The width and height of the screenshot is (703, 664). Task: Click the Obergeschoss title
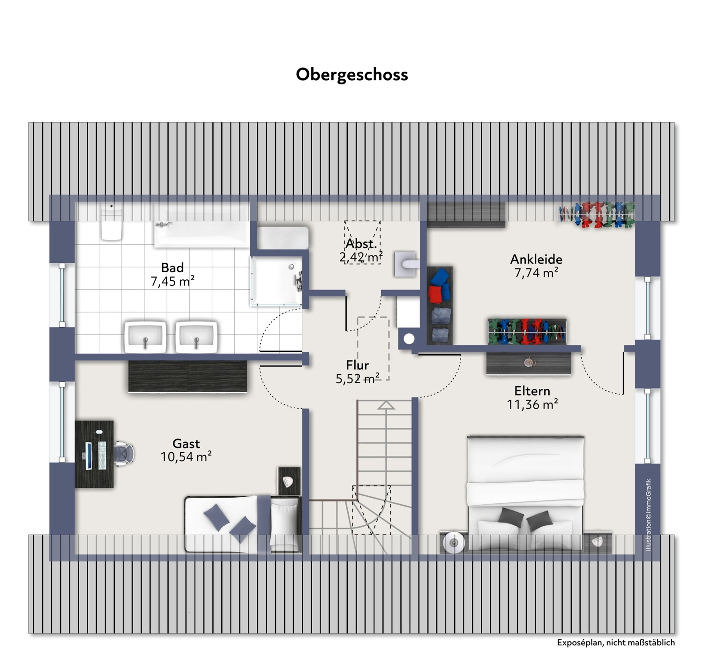352,75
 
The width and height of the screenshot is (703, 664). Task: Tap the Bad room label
172,268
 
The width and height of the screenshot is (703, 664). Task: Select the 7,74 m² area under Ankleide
536,273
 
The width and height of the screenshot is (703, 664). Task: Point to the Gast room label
186,443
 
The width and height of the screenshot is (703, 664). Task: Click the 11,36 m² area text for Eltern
532,404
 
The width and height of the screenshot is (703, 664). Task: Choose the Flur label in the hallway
357,365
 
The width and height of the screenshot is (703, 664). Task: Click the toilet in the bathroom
112,222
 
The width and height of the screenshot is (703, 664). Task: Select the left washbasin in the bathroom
145,337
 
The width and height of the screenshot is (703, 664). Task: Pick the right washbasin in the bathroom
196,337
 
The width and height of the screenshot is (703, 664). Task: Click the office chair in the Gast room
124,454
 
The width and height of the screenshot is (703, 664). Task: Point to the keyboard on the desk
102,455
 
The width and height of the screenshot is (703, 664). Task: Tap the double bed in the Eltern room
525,493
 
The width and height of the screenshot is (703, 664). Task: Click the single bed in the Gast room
242,524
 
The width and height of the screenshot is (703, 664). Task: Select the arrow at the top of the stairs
386,406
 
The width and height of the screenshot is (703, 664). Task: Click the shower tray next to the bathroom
277,281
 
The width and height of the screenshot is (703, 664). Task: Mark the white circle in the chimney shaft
409,339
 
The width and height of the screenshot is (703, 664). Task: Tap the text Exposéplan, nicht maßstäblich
615,643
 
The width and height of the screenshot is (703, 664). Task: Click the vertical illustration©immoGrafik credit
649,515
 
